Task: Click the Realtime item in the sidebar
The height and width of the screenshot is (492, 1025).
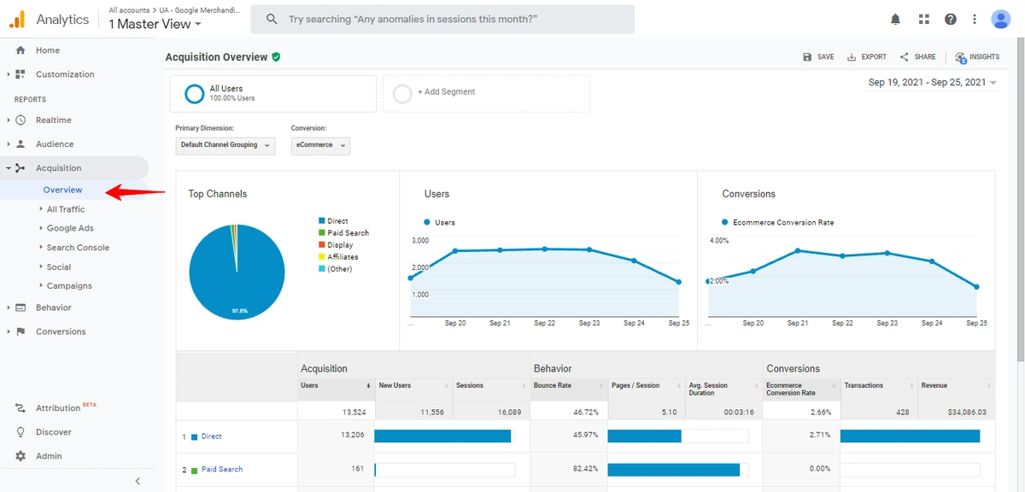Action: click(53, 120)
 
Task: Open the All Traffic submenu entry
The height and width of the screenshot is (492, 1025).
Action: click(66, 209)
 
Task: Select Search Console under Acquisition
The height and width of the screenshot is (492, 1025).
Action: click(78, 248)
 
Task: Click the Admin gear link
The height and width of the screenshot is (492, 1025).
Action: click(49, 456)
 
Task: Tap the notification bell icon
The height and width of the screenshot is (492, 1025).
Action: click(895, 19)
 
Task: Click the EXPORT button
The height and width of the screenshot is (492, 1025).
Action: click(867, 57)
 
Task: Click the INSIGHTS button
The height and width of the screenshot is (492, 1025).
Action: click(978, 57)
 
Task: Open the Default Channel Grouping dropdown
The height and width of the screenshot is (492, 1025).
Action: click(225, 145)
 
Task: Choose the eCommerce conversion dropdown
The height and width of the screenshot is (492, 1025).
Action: click(320, 145)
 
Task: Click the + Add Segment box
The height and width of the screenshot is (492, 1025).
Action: click(486, 92)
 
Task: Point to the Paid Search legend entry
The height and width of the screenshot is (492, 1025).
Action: click(348, 233)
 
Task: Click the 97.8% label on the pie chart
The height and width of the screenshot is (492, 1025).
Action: click(240, 311)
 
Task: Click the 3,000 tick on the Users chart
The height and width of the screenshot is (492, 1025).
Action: click(420, 241)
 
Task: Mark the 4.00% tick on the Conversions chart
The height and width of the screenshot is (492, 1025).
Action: click(719, 241)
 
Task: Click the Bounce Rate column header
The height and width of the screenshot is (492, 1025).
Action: click(553, 386)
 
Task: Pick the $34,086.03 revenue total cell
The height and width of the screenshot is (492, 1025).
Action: click(967, 412)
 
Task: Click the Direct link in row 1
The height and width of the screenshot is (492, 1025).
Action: click(211, 436)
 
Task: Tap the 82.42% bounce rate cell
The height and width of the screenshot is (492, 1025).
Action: click(583, 469)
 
